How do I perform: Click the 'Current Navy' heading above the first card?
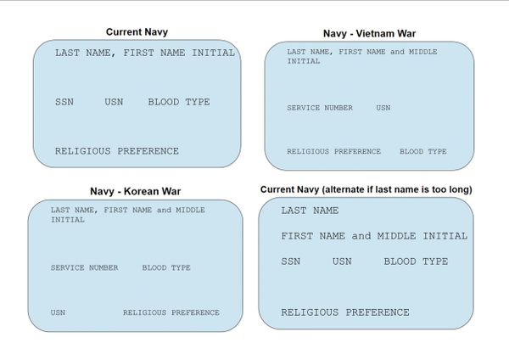pos(137,32)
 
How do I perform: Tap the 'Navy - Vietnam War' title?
pos(369,33)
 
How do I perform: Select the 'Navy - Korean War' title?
pos(136,191)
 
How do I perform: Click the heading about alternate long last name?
pos(366,189)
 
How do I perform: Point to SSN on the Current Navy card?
pos(64,102)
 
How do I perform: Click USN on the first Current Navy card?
pos(114,102)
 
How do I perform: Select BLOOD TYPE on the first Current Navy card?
pos(179,102)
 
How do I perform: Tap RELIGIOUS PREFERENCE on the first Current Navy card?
pos(117,151)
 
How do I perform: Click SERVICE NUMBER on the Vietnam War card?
pos(320,108)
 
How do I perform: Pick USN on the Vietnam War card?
pos(383,108)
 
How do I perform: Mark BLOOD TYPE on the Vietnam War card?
pos(423,151)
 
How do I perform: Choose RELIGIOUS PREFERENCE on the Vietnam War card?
pos(333,151)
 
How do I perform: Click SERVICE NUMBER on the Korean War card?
pos(84,267)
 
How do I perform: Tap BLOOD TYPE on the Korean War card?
pos(166,267)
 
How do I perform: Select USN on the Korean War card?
pos(58,312)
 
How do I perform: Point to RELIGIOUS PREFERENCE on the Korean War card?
pos(171,312)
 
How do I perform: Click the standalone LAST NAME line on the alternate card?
pos(310,211)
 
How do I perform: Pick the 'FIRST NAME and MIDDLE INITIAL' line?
pos(374,236)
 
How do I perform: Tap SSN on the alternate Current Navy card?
pos(290,262)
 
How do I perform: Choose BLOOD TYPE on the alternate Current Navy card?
pos(416,262)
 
